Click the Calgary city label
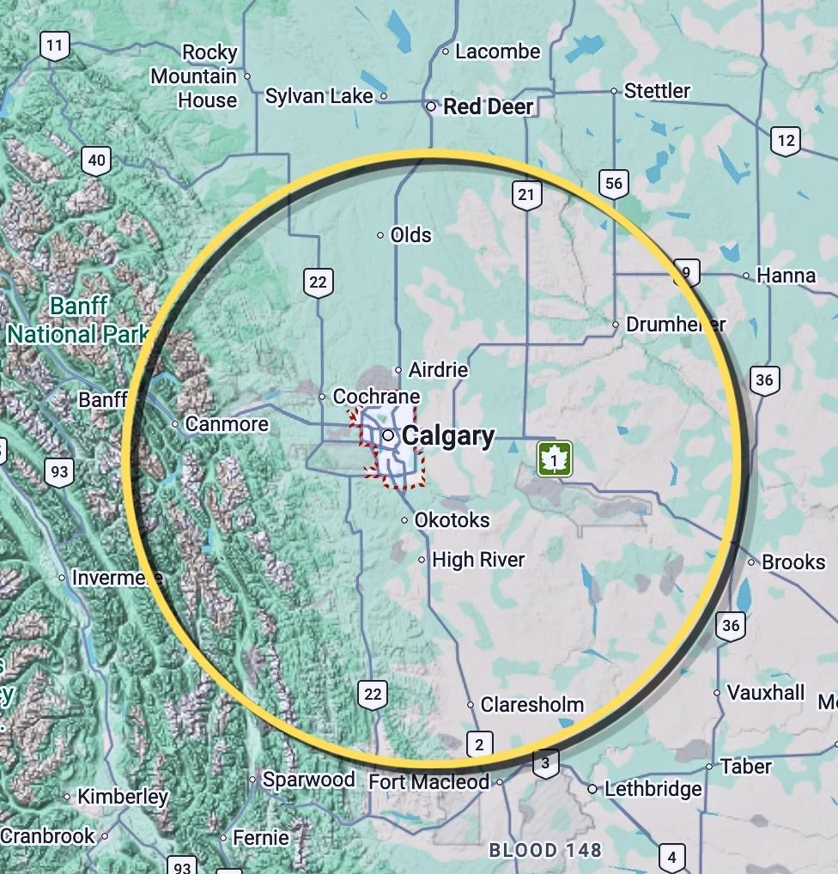point(447,436)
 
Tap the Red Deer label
point(488,107)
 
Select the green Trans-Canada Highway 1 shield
point(555,459)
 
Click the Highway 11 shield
point(55,46)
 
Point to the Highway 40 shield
point(97,161)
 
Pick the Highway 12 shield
point(785,140)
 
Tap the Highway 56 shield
point(613,184)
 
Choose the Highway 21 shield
point(525,195)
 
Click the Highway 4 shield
point(671,857)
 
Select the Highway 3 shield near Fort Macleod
point(545,762)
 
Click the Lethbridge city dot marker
point(592,788)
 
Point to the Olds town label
point(410,235)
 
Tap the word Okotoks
point(452,520)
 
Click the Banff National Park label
point(77,320)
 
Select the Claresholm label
point(531,705)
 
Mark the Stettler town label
point(657,91)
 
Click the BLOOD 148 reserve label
point(545,851)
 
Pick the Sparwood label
point(308,780)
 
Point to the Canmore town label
point(227,424)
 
